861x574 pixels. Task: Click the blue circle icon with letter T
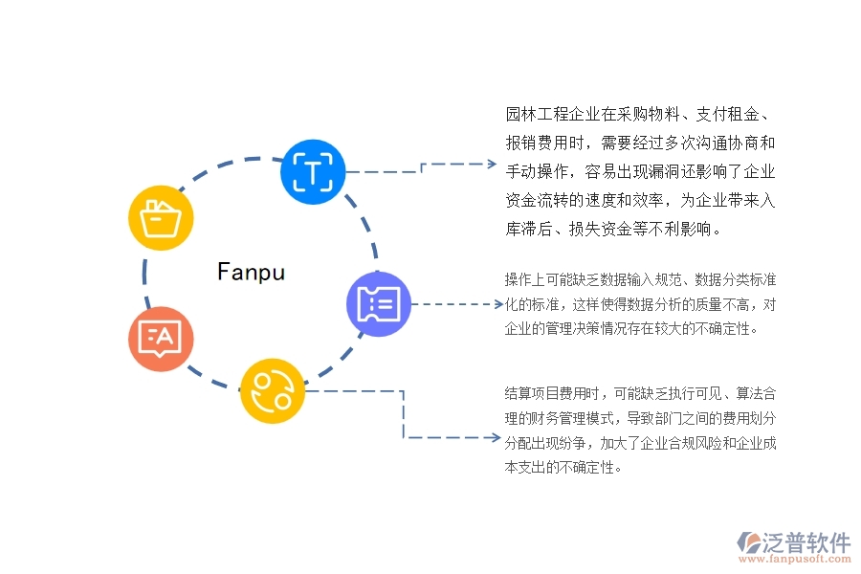[x=313, y=173]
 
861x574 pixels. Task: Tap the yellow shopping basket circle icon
[x=162, y=218]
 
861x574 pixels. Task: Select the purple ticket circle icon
[x=379, y=304]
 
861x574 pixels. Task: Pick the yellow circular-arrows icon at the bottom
[x=272, y=390]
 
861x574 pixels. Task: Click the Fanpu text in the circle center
[x=251, y=273]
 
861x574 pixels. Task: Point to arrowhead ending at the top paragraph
[x=492, y=164]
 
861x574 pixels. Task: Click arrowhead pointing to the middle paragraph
[x=492, y=304]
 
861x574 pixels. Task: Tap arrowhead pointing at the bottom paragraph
[x=492, y=437]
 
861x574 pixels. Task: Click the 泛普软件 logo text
[x=806, y=542]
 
